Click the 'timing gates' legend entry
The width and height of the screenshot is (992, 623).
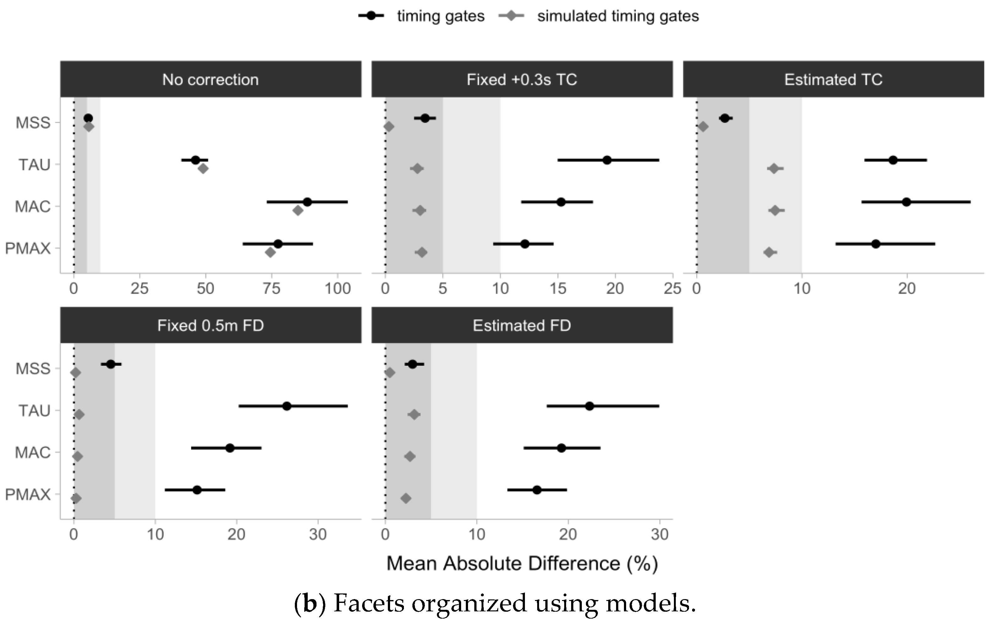tap(440, 16)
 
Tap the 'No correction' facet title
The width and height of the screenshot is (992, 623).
tap(211, 80)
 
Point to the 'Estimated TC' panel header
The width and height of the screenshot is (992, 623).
tap(833, 80)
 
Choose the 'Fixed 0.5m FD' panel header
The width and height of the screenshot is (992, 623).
tap(211, 326)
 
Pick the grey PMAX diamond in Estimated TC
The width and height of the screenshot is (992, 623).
tap(769, 252)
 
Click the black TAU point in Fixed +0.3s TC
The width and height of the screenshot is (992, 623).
tap(607, 160)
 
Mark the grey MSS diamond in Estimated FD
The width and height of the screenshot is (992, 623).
tap(390, 373)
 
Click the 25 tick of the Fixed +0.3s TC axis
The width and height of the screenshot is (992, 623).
tap(672, 289)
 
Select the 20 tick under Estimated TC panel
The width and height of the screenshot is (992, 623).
tap(907, 289)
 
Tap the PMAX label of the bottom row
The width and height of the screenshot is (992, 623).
tap(28, 494)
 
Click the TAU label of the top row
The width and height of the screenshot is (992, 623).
tap(34, 165)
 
